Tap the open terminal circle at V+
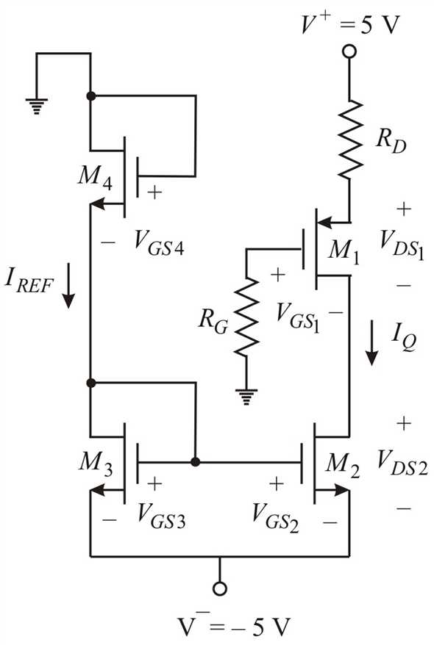pyautogui.click(x=349, y=51)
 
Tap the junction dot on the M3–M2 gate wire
pyautogui.click(x=195, y=462)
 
